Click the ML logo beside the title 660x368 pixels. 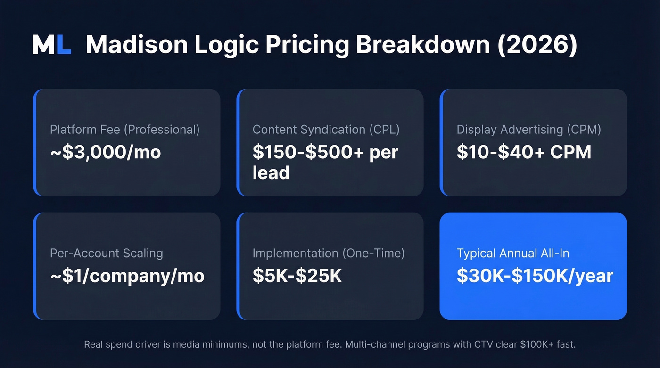point(52,44)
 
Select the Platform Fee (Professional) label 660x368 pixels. point(125,130)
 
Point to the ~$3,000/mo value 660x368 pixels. point(106,152)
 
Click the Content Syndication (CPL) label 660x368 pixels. point(326,130)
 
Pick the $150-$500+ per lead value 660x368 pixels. point(325,162)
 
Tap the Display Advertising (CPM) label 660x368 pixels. point(529,130)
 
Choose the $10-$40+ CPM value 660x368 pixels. point(524,152)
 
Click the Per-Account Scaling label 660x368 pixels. point(107,253)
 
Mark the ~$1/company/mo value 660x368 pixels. point(127,276)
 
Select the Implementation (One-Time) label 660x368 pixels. point(329,253)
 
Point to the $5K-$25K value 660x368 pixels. point(297,276)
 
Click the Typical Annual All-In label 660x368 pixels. point(513,253)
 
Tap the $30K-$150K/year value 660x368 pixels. point(535,276)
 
